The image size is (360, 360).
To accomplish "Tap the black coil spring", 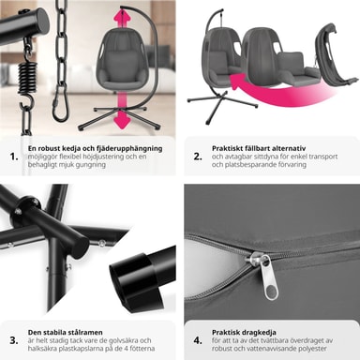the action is (27, 78).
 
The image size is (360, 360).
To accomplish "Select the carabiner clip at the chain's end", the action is (61, 104).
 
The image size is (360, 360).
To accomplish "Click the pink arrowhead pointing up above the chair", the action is (125, 16).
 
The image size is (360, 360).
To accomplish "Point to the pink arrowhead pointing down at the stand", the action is (121, 121).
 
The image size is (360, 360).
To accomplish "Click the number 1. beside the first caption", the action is (14, 157).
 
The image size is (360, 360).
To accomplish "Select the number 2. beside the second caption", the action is (198, 157).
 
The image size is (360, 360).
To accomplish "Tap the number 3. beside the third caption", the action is (14, 340).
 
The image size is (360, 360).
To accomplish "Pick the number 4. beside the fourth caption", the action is (198, 340).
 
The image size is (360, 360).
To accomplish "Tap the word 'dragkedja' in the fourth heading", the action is (259, 332).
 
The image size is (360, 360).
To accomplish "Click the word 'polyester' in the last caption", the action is (310, 349).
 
